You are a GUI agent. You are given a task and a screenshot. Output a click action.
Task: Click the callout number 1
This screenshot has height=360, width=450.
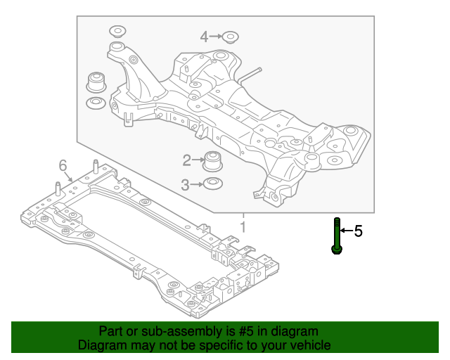(243, 227)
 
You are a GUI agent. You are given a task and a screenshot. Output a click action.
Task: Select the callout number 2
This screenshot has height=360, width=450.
(186, 161)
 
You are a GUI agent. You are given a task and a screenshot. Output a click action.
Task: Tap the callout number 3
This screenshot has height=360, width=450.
(186, 185)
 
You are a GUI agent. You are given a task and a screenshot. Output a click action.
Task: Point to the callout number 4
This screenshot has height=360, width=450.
(205, 37)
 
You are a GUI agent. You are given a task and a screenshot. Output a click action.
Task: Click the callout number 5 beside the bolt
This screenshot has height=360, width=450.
(358, 231)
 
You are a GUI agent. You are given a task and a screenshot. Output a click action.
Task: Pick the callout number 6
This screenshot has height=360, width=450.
(63, 165)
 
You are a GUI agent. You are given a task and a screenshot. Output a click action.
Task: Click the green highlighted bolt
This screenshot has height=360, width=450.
(337, 236)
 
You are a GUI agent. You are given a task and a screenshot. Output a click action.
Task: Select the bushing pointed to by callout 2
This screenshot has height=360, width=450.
(212, 161)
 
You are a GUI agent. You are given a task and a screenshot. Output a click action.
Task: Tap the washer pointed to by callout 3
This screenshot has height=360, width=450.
(210, 185)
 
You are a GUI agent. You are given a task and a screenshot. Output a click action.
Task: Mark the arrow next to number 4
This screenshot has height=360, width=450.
(215, 37)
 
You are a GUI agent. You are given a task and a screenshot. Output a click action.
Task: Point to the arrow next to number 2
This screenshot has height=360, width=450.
(197, 161)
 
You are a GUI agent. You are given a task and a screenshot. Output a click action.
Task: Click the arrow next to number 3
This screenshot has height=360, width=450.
(197, 185)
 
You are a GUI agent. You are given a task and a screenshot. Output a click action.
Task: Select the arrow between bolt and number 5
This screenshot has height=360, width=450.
(347, 231)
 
